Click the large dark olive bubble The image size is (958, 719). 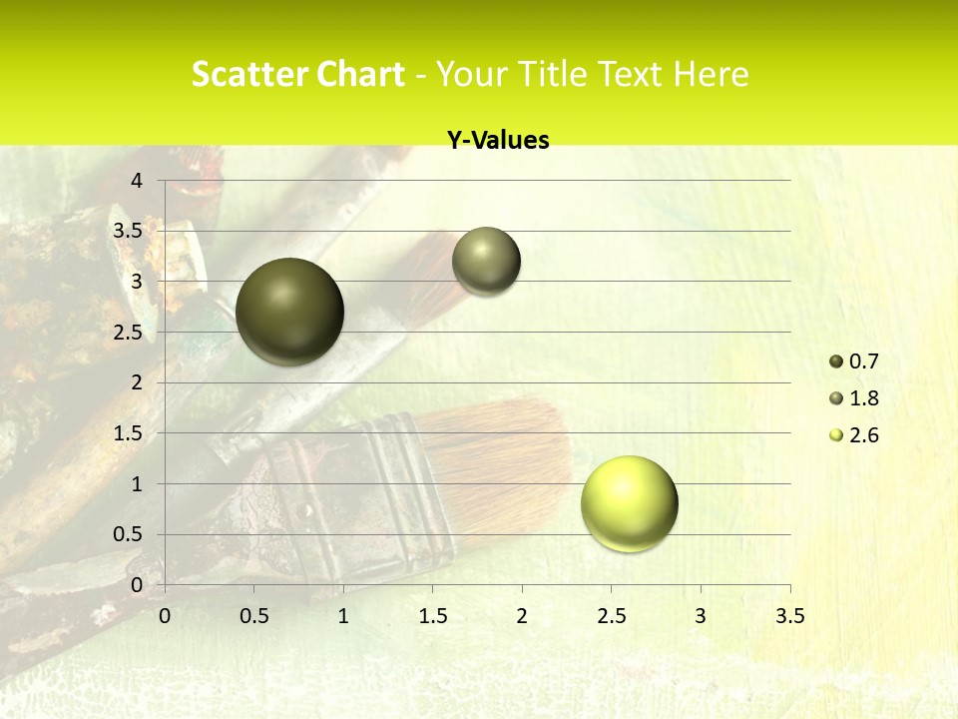(x=289, y=312)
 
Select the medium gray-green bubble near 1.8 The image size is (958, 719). (x=486, y=261)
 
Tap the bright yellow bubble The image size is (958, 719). (x=629, y=503)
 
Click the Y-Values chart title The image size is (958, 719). (x=497, y=141)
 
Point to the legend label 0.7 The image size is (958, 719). (x=863, y=361)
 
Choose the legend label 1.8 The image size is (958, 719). (x=863, y=398)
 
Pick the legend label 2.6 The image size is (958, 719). (x=863, y=435)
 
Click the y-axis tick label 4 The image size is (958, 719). (x=138, y=181)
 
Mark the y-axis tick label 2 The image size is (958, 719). (x=138, y=382)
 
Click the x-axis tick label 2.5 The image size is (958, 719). (x=612, y=616)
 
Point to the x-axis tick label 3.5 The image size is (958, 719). (x=790, y=616)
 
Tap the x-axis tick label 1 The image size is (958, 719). (x=343, y=616)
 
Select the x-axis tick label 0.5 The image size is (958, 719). (x=254, y=616)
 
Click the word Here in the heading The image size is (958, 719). (x=712, y=74)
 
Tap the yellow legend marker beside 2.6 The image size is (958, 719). (x=836, y=435)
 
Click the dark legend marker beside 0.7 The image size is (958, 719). (x=836, y=361)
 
